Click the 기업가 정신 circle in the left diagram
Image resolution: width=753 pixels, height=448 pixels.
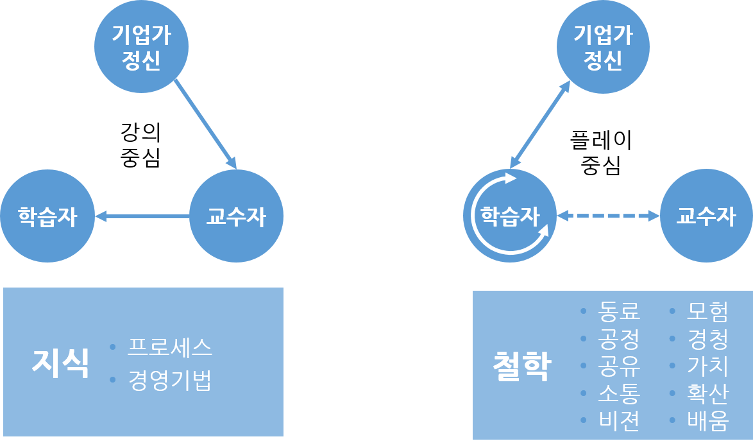pos(141,46)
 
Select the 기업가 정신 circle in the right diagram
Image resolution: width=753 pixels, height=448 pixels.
pos(603,46)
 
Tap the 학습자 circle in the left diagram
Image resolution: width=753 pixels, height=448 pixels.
pos(47,216)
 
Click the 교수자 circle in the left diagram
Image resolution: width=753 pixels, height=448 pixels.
pos(236,216)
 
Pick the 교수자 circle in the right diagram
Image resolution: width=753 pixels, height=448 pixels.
pos(706,216)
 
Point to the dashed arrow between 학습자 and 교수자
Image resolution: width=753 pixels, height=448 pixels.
pos(608,216)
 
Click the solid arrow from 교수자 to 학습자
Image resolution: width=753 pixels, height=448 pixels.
pos(142,217)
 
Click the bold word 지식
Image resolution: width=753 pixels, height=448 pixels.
pos(60,364)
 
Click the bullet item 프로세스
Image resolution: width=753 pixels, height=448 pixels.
pos(169,348)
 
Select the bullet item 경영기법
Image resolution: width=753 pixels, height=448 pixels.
pos(169,380)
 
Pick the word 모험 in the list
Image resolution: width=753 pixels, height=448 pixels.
pos(707,311)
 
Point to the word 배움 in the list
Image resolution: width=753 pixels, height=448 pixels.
pos(707,420)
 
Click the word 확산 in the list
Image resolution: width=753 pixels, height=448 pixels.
pos(707,393)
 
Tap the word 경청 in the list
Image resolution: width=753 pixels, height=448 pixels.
pos(707,338)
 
